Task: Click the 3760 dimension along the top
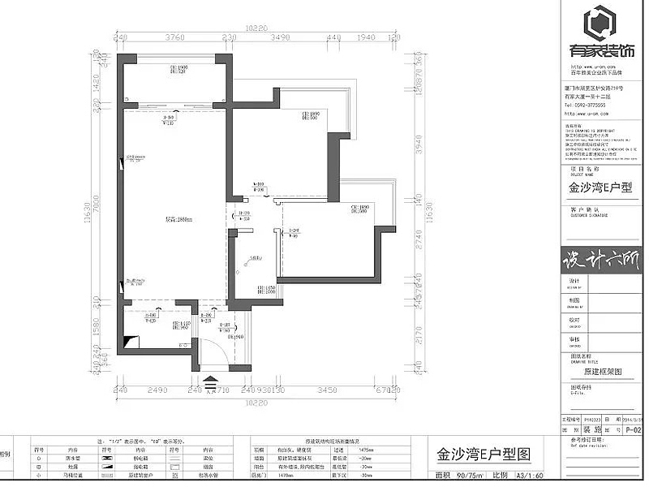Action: point(175,37)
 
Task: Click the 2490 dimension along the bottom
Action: point(158,390)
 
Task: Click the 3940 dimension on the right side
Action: point(419,144)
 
